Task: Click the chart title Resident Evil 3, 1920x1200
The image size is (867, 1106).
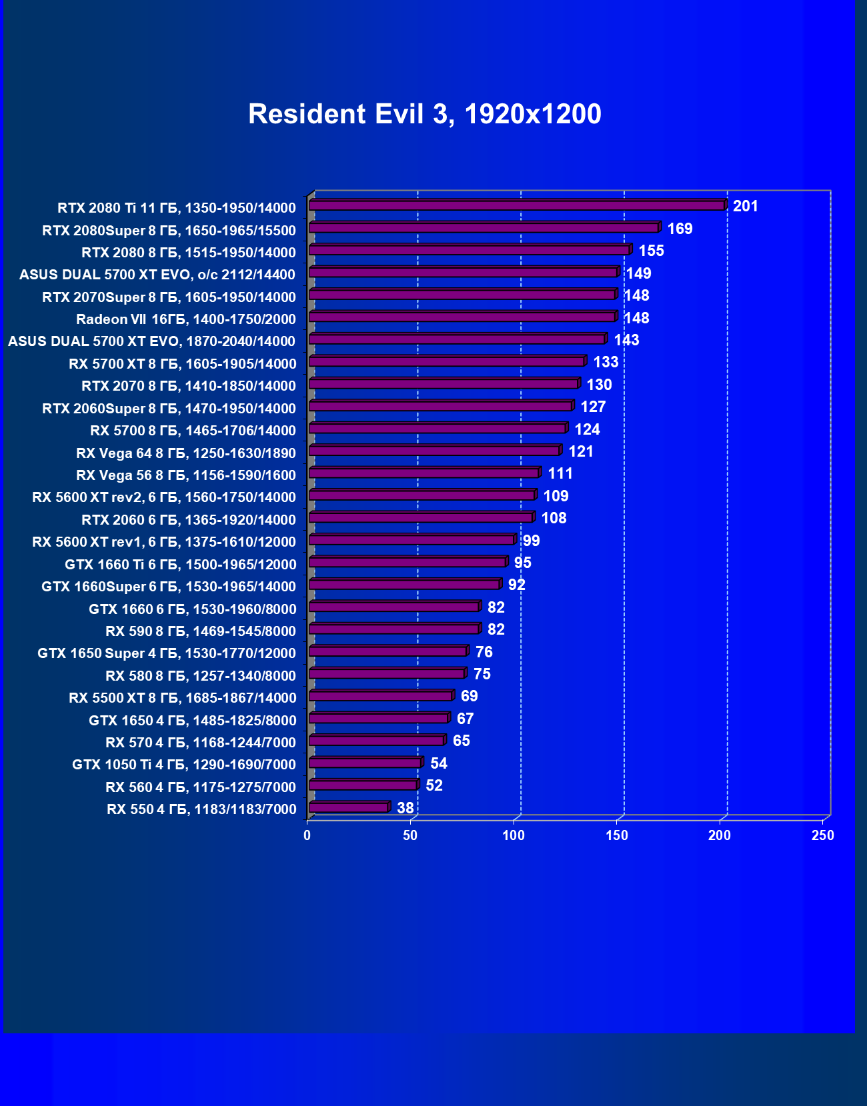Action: [425, 114]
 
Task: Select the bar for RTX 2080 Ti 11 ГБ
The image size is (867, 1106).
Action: [517, 205]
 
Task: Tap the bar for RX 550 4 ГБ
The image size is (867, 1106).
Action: [349, 808]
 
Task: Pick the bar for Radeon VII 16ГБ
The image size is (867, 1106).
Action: [462, 317]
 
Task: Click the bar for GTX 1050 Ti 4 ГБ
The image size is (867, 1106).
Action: [365, 763]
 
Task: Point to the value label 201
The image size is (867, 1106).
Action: [746, 206]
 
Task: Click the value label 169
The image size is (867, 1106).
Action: [680, 229]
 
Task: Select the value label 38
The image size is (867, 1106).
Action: [405, 808]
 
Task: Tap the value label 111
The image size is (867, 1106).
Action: [560, 473]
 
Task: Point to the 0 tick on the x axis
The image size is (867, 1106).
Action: [307, 835]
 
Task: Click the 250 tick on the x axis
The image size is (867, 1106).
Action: [823, 835]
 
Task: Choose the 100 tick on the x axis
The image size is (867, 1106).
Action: [514, 835]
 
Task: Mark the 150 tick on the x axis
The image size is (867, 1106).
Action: [617, 835]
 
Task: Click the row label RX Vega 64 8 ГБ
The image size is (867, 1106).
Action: [185, 453]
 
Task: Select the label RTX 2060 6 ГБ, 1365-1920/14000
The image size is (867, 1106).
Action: [188, 520]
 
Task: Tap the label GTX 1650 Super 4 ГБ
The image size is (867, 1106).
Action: [166, 653]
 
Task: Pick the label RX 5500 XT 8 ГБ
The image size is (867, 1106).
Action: [182, 698]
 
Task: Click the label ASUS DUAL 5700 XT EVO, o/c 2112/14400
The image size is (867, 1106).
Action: [157, 275]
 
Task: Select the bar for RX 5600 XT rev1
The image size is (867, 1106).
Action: [411, 540]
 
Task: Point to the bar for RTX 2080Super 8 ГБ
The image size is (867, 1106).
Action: [484, 228]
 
